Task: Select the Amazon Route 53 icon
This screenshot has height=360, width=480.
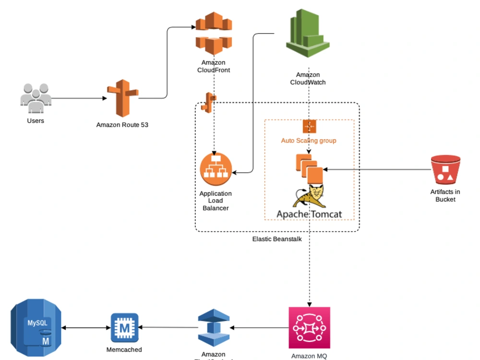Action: (122, 98)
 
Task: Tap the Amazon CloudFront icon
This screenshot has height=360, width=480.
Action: (214, 34)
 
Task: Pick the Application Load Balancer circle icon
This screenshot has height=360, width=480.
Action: (216, 169)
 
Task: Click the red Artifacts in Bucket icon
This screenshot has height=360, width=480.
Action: (445, 170)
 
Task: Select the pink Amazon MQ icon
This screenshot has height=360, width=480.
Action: (310, 328)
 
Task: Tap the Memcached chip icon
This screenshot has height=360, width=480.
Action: (124, 328)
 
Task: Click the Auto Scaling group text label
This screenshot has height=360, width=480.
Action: (309, 141)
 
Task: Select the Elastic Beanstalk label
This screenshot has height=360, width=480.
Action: (277, 239)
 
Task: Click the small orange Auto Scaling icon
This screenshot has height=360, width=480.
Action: (309, 127)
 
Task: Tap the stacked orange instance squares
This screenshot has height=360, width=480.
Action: (309, 168)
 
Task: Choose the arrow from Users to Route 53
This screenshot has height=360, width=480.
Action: (79, 98)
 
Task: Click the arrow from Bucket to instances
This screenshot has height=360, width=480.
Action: (377, 169)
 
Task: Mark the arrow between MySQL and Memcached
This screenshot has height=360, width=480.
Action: (86, 328)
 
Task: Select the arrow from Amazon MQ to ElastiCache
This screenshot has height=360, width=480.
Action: (259, 328)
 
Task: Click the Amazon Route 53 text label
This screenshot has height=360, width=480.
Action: (122, 125)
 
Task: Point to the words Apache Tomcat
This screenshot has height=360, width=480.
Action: (309, 214)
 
